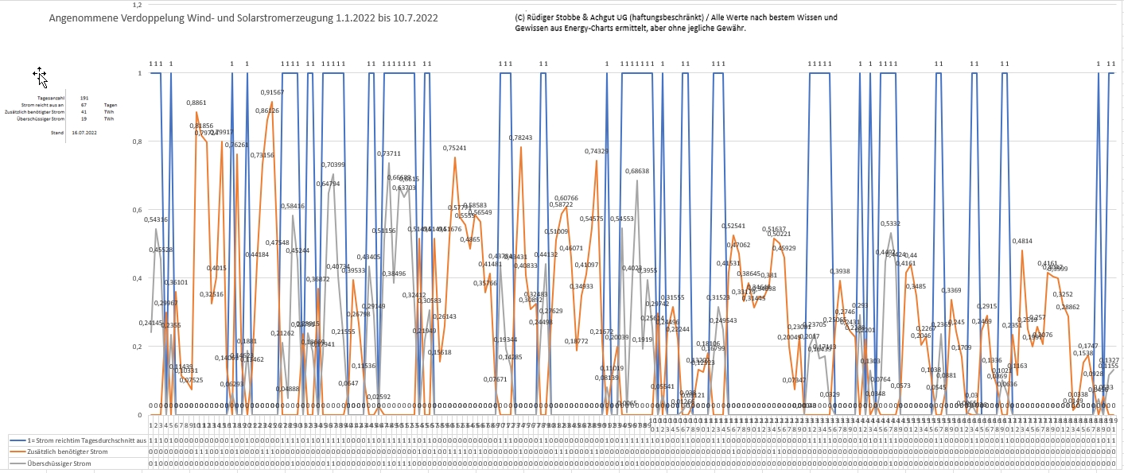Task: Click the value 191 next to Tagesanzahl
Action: pos(84,97)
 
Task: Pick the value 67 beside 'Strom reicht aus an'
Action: pos(84,105)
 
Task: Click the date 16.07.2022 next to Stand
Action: pos(84,133)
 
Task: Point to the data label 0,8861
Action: pos(196,103)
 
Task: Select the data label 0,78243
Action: pos(520,138)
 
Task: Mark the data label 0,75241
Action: pos(454,148)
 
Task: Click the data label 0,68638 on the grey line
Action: pos(637,172)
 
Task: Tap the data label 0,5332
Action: pos(890,224)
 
